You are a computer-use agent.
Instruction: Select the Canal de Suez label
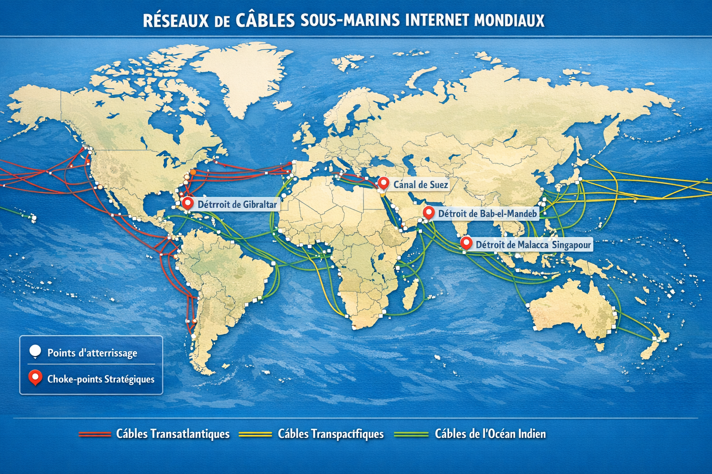[420, 185]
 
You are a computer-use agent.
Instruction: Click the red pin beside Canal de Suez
[383, 183]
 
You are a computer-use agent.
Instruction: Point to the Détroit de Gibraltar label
[237, 204]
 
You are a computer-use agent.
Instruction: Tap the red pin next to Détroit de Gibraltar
[187, 203]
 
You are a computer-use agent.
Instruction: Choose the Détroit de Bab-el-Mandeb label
[487, 213]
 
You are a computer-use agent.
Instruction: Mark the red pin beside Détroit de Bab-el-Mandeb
[429, 212]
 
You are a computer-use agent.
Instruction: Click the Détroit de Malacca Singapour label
[533, 244]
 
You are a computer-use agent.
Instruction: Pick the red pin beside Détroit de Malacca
[466, 243]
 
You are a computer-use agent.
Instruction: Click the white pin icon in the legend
[35, 352]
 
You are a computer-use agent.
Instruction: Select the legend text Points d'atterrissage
[92, 353]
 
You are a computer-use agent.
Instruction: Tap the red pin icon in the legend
[35, 378]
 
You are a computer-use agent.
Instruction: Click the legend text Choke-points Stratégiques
[101, 379]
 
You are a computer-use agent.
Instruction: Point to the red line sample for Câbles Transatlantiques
[95, 434]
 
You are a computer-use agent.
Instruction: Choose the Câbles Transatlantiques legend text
[172, 434]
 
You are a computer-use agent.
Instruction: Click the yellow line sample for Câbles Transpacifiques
[255, 434]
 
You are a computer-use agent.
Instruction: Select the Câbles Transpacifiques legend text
[331, 434]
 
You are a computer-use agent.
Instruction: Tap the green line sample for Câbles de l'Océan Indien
[411, 434]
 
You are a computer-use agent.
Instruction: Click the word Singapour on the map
[572, 244]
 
